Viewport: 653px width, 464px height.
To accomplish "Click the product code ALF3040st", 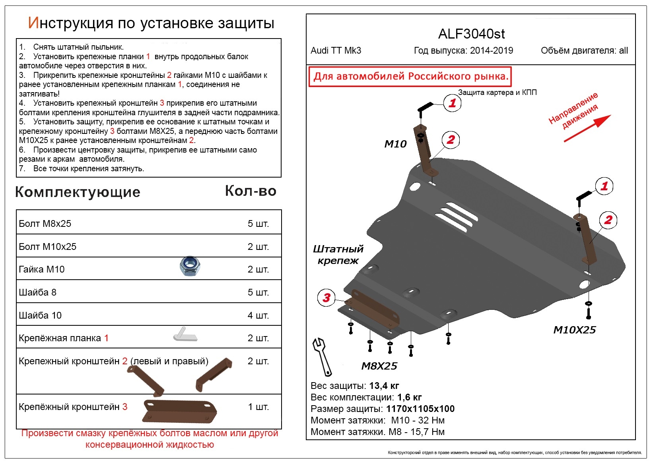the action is coord(471,34).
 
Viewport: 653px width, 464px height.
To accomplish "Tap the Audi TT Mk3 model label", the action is coord(336,51).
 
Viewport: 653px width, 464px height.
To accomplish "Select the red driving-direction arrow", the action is coord(587,128).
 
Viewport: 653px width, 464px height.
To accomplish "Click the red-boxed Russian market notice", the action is coord(410,77).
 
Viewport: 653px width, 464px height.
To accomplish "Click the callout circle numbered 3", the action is coord(326,298).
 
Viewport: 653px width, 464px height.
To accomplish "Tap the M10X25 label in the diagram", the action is coord(574,330).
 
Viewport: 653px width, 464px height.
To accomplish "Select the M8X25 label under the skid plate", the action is coord(379,366).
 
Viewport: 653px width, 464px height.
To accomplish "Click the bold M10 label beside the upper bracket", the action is coord(395,144).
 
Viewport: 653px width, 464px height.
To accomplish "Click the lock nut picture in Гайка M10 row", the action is coord(190,266).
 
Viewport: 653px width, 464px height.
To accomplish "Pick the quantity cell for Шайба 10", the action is coord(258,315).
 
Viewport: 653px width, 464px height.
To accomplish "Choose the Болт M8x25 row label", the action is coord(45,223).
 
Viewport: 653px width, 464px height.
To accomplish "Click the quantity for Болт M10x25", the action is coord(258,246).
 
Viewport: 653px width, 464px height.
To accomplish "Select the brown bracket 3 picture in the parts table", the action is coord(180,411).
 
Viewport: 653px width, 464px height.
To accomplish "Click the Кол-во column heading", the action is coord(251,191).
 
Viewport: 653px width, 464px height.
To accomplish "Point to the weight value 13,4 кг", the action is coord(384,386).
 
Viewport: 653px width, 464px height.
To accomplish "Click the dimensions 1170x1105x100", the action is coord(420,409).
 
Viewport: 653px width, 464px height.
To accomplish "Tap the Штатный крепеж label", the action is coord(338,255).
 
